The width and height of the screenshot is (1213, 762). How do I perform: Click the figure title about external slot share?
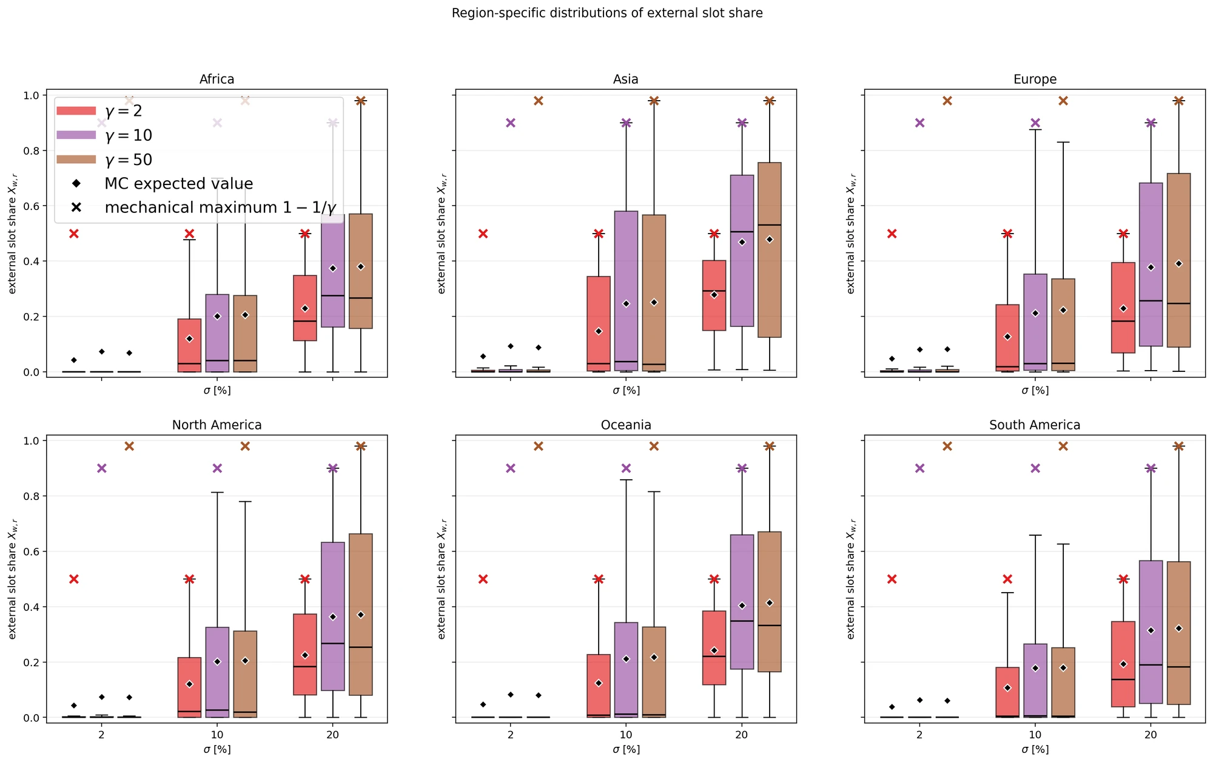(x=607, y=13)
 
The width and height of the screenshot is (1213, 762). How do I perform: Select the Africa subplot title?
(x=217, y=79)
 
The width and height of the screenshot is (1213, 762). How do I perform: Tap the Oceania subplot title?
(x=626, y=425)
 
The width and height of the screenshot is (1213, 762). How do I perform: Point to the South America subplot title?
(x=1035, y=425)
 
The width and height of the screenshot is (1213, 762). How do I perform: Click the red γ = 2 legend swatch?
(x=76, y=110)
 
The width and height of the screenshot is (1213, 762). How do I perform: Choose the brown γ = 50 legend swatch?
(x=76, y=159)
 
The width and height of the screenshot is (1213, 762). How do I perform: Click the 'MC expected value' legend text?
(x=179, y=184)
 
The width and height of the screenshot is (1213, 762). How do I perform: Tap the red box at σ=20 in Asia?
(x=714, y=295)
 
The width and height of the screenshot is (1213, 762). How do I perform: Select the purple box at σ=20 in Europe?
(x=1151, y=265)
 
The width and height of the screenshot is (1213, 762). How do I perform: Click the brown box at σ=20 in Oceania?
(x=769, y=602)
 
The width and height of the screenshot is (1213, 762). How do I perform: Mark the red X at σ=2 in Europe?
(x=892, y=234)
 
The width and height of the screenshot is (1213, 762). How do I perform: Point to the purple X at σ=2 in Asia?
(x=511, y=123)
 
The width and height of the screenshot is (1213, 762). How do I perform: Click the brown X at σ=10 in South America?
(x=1063, y=447)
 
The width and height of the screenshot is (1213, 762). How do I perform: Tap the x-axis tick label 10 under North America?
(x=217, y=735)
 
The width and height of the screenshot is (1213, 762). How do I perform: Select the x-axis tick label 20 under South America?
(x=1151, y=735)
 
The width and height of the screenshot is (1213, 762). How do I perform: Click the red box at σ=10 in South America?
(x=1007, y=692)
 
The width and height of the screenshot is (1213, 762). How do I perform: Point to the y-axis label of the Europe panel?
(x=851, y=233)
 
